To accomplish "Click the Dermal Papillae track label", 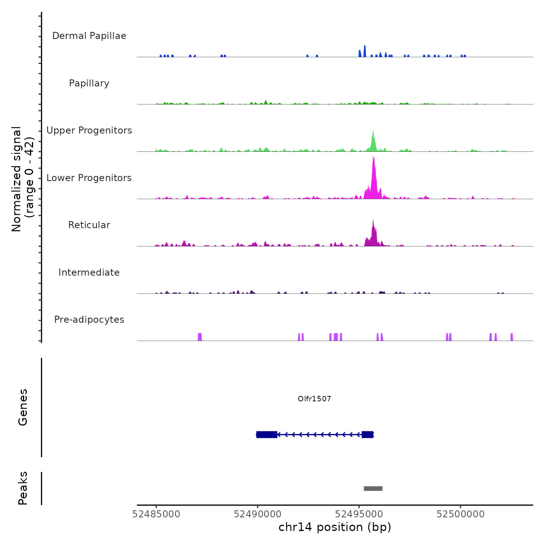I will tap(89, 36).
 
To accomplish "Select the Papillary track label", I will tap(89, 83).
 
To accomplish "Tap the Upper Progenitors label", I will tap(89, 130).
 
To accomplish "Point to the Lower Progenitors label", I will tap(89, 178).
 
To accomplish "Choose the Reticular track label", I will tap(89, 225).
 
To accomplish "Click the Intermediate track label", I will tap(89, 272).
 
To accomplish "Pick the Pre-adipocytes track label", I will tap(89, 320).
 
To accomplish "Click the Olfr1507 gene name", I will tap(314, 399).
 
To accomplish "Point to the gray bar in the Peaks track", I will tap(373, 489).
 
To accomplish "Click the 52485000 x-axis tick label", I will tap(156, 514).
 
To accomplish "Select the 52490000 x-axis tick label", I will tap(258, 514).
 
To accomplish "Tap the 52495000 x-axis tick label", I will tap(359, 514).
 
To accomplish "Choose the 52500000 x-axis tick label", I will tap(461, 514).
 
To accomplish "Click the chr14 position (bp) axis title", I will tap(335, 527).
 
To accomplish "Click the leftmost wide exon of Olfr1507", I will tap(267, 434).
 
